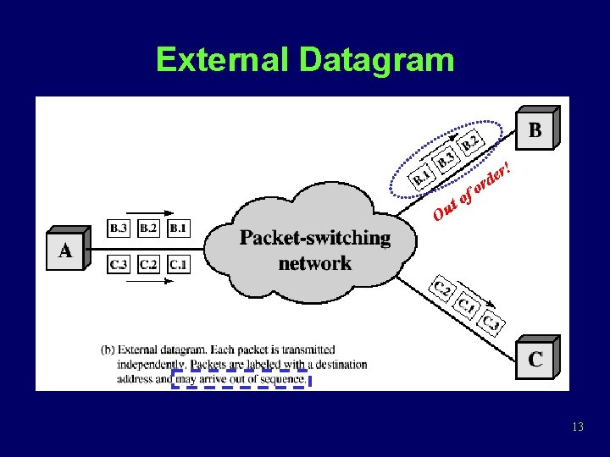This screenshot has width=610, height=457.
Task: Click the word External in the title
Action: coord(223,60)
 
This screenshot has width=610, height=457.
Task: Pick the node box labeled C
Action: coord(535,359)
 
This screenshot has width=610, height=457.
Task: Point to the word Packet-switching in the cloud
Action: coord(314,238)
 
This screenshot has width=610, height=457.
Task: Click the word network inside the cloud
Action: coord(314,263)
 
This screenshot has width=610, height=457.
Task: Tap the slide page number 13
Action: coord(578,427)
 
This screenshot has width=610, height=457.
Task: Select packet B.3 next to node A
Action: coord(119,228)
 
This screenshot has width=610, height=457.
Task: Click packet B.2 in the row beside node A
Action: coord(148,228)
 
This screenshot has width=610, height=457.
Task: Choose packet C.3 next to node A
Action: coord(119,265)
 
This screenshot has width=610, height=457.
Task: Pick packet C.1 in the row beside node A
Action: coord(179,265)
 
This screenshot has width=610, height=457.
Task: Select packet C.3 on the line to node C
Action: coord(491,324)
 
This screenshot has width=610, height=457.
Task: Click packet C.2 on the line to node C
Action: coord(441,289)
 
